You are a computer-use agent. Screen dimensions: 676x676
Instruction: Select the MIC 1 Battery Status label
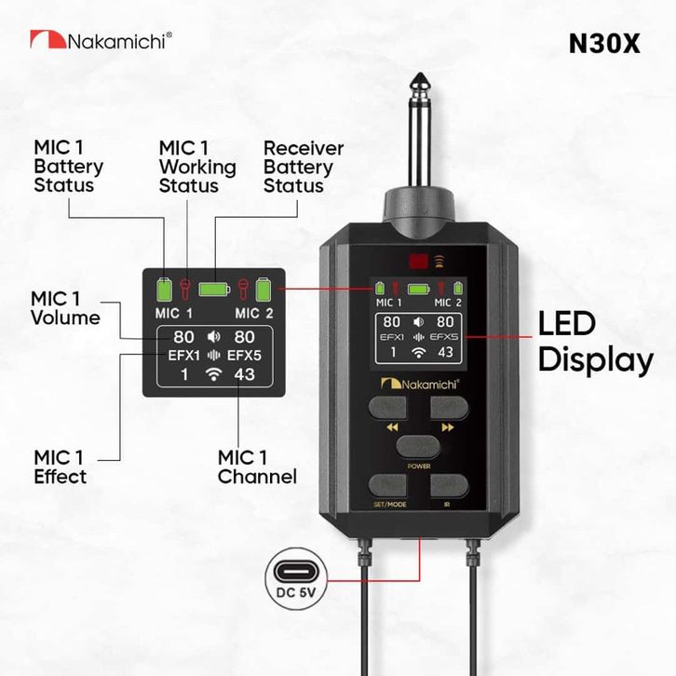coord(68,167)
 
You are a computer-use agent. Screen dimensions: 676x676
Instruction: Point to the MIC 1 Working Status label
coord(197,167)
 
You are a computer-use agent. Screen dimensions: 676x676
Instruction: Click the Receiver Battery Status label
coord(304,167)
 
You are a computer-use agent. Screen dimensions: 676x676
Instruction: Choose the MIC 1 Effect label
coord(61,466)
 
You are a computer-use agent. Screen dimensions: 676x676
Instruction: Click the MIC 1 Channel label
coord(257,466)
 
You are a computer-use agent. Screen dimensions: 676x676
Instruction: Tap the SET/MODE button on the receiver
coord(390,487)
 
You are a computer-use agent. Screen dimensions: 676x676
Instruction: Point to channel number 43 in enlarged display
coord(245,375)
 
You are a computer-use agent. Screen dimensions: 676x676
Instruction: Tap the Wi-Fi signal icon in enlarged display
coord(215,375)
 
